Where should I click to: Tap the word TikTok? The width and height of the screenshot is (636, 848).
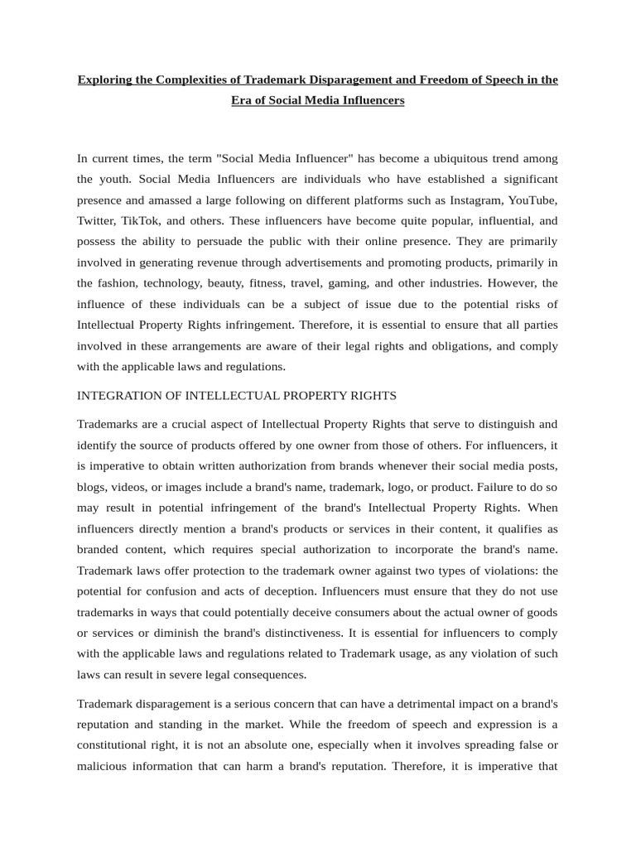tap(140, 220)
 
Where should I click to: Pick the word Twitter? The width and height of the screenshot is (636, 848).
tap(97, 220)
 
